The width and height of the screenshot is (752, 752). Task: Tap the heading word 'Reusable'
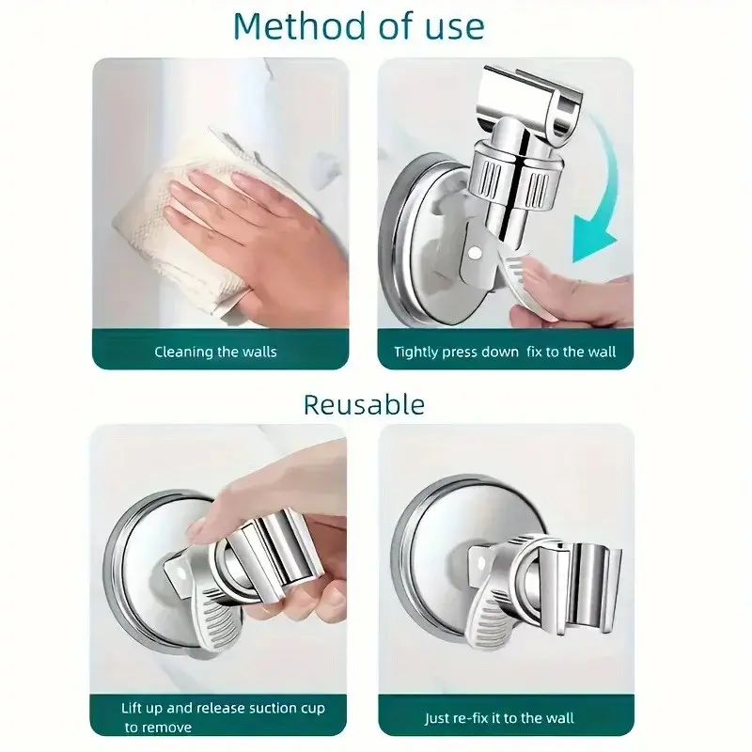point(364,404)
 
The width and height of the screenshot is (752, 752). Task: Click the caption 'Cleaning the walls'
point(215,352)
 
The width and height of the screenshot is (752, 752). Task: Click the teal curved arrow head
point(593,238)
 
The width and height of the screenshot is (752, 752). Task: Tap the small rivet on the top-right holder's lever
point(475,253)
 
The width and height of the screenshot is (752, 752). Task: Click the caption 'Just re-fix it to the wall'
point(499,718)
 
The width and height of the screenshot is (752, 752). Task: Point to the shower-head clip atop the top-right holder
point(532,99)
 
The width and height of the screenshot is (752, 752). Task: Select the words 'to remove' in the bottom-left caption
point(158,728)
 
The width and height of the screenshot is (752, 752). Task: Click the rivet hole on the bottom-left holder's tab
point(181,572)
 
